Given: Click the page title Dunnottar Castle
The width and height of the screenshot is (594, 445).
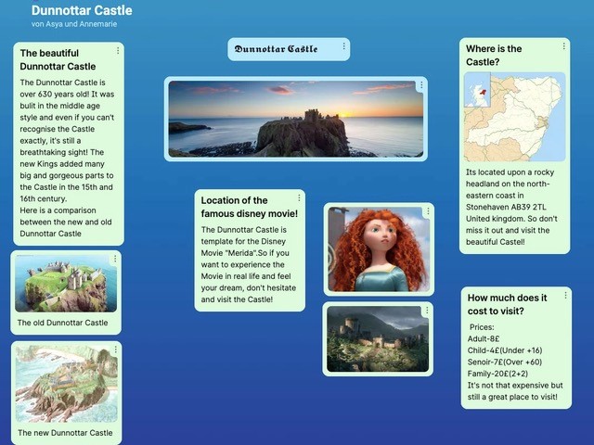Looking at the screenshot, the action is tap(82, 10).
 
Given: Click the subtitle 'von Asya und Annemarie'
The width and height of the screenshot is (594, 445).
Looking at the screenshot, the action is tap(74, 24).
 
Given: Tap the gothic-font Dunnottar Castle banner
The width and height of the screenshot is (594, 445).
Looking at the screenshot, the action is tap(276, 49).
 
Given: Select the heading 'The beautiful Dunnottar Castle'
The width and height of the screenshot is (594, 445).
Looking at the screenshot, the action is tap(58, 59).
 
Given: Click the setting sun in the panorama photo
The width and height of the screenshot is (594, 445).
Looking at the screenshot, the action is tap(344, 114).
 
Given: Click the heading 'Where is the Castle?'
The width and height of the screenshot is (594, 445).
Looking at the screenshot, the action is tap(494, 56).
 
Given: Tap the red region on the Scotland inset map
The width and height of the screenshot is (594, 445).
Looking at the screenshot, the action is tap(483, 92).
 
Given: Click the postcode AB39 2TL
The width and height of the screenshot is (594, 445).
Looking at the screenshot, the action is tap(524, 207).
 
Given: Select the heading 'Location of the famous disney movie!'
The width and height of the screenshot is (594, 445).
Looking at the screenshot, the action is tap(250, 207).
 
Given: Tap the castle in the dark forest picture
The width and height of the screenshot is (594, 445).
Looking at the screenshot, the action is tap(367, 334).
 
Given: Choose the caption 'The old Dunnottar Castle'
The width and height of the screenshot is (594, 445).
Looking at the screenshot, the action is tap(62, 323).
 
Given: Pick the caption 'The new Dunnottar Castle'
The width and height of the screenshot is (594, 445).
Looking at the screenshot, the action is tap(65, 433).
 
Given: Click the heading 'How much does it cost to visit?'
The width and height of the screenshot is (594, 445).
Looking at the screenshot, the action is tap(507, 304).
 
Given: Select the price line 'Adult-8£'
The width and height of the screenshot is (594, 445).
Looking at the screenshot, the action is tap(484, 338).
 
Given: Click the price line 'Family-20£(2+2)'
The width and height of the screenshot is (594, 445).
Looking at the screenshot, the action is tap(497, 374).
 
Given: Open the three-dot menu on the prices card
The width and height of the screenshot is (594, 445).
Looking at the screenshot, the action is tap(565, 295).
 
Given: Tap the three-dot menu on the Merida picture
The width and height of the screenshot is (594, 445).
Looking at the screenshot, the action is tap(428, 211).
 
